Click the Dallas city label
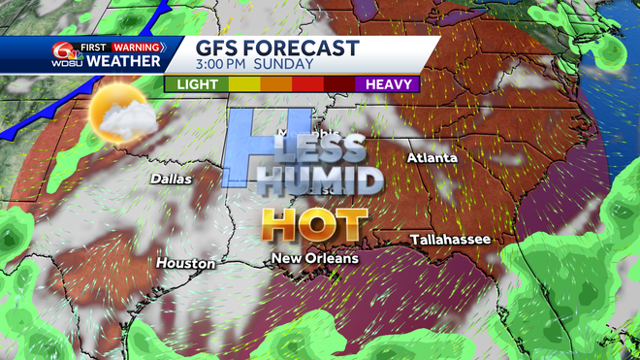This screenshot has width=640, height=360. [x=171, y=179]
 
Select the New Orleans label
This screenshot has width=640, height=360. [x=315, y=258]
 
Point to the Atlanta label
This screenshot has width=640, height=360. [x=432, y=157]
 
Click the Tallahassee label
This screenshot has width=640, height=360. [x=450, y=239]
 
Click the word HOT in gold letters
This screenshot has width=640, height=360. [x=316, y=226]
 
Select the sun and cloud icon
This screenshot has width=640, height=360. [x=118, y=115]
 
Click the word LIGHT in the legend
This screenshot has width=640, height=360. [x=197, y=84]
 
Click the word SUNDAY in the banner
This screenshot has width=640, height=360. [x=286, y=65]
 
